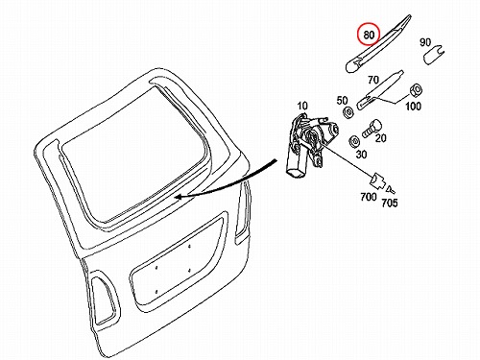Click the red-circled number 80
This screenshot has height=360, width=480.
[369, 35]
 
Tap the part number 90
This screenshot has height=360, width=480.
[425, 42]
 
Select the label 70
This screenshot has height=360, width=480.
[373, 80]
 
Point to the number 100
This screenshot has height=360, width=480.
[413, 106]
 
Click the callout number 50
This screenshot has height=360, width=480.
[342, 101]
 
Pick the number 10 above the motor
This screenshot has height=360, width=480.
[302, 106]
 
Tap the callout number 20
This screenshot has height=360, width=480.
[380, 138]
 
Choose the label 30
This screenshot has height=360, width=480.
[361, 155]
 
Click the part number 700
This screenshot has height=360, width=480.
[369, 197]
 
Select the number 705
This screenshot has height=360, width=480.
[390, 203]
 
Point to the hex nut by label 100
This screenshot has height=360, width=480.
[415, 90]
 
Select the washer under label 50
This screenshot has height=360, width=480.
[348, 113]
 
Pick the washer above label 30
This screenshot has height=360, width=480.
[354, 141]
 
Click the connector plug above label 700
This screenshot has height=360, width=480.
[377, 181]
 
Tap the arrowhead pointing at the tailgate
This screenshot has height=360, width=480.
[179, 197]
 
